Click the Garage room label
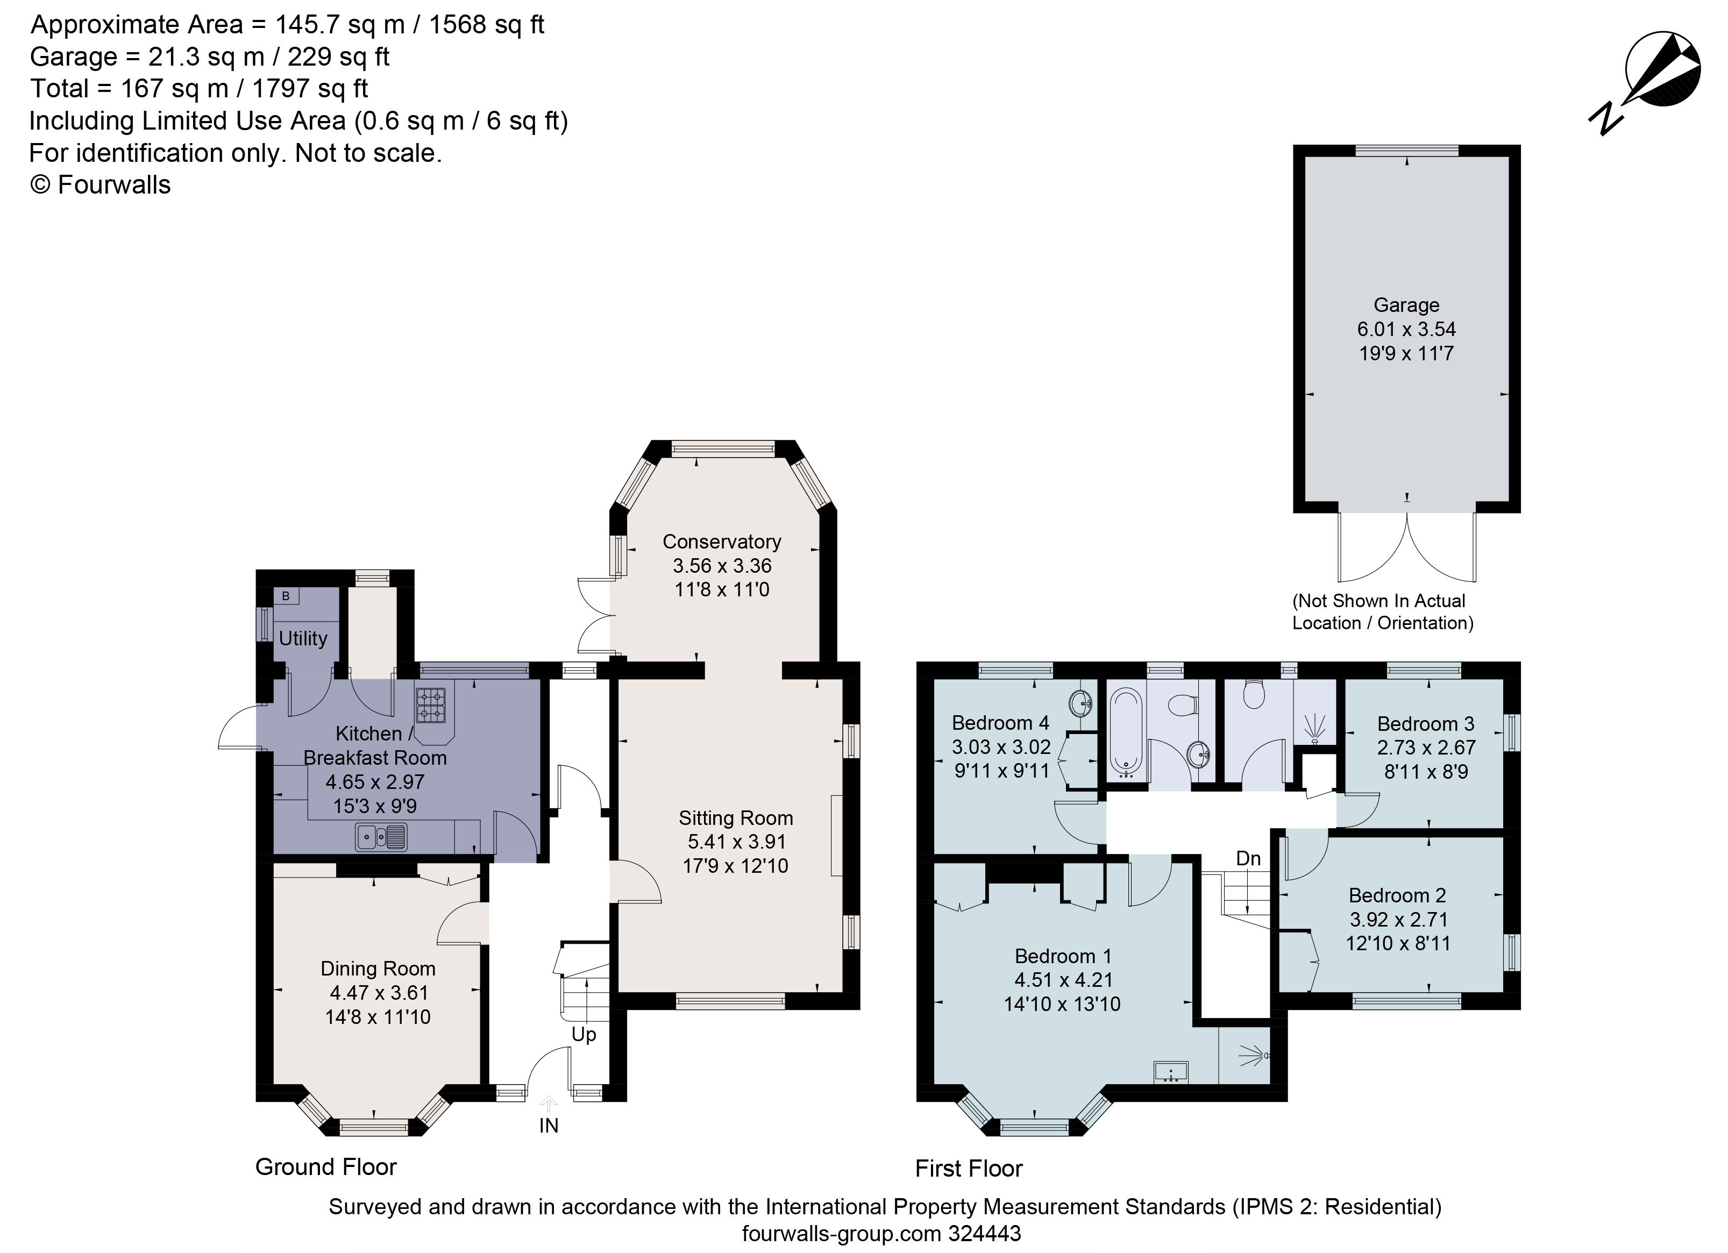1406,305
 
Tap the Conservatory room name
722,542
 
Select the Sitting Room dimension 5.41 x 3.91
735,842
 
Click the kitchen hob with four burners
430,704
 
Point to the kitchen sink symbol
381,838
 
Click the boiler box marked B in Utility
286,596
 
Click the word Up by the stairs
584,1034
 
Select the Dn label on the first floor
1248,858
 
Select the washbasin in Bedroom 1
1171,1072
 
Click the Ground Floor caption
325,1167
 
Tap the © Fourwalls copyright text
100,185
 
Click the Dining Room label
378,969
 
